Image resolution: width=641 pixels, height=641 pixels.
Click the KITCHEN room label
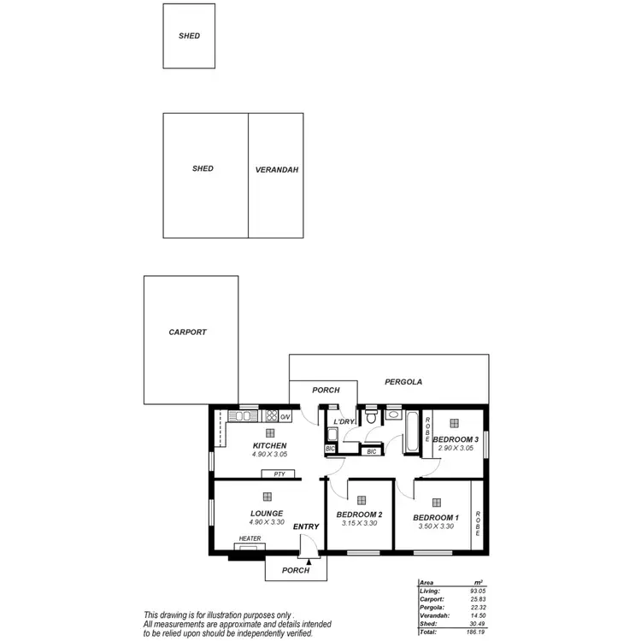click(x=269, y=446)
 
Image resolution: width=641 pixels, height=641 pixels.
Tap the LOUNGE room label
click(x=267, y=513)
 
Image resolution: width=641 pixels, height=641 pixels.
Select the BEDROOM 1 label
click(x=436, y=518)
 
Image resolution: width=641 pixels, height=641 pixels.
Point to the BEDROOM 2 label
click(x=359, y=515)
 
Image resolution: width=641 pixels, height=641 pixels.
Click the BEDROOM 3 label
click(x=456, y=439)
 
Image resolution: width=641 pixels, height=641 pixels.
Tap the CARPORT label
click(x=187, y=332)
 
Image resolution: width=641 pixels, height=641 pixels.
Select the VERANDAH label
click(x=276, y=170)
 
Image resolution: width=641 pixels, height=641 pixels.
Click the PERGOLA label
click(x=403, y=382)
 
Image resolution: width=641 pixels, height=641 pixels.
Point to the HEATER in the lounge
click(x=250, y=538)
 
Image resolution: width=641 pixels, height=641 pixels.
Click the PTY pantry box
click(x=279, y=473)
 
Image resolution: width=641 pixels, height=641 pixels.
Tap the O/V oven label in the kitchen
click(x=285, y=417)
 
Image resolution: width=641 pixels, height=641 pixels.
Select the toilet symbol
click(x=371, y=417)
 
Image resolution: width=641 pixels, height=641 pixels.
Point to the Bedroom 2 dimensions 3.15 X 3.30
click(x=359, y=525)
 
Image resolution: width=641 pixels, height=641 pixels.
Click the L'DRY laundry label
click(x=344, y=421)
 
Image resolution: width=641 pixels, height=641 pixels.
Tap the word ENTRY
click(x=306, y=526)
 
